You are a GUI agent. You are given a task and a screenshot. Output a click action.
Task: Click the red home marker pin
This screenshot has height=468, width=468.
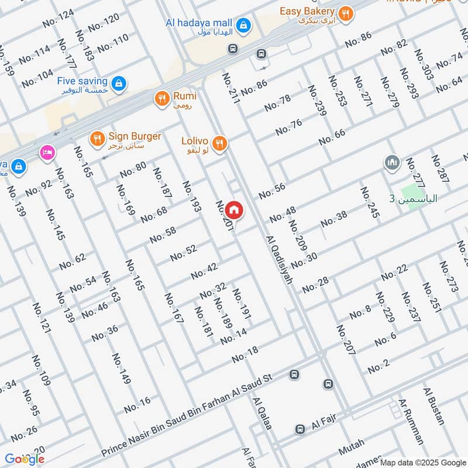233,209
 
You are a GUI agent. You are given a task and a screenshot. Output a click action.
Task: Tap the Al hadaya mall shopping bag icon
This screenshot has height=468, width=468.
244,25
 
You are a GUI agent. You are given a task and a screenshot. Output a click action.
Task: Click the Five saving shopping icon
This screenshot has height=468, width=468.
119,84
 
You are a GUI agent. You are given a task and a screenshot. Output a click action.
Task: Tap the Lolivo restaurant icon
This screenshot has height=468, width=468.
219,143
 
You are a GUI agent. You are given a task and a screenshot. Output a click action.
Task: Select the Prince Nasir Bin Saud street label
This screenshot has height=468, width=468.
187,417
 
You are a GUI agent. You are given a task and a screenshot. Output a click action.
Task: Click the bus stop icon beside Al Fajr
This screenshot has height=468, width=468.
300,429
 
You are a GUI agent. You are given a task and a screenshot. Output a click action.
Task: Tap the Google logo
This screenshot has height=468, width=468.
24,459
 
